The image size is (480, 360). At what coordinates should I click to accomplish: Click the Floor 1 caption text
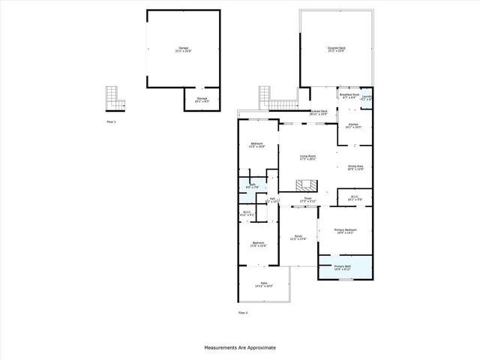[x=111, y=121]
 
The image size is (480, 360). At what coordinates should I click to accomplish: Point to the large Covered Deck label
[x=336, y=49]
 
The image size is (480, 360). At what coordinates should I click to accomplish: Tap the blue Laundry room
[x=367, y=97]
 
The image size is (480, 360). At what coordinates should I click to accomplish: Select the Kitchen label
[x=352, y=125]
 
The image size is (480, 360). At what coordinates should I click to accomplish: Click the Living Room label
[x=308, y=157]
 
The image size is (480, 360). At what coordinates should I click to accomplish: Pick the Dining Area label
[x=355, y=167]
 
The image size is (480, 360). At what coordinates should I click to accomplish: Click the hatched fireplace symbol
[x=304, y=186]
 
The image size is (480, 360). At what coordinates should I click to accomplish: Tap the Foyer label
[x=307, y=200]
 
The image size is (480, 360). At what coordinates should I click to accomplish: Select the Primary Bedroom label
[x=345, y=231]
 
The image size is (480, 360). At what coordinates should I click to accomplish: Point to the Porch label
[x=298, y=238]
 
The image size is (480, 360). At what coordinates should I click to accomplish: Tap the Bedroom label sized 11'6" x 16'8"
[x=258, y=145]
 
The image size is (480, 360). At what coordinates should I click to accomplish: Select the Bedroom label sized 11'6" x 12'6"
[x=258, y=244]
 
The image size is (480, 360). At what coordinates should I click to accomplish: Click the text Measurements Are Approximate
[x=240, y=348]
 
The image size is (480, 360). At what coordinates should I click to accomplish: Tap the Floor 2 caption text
[x=243, y=312]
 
